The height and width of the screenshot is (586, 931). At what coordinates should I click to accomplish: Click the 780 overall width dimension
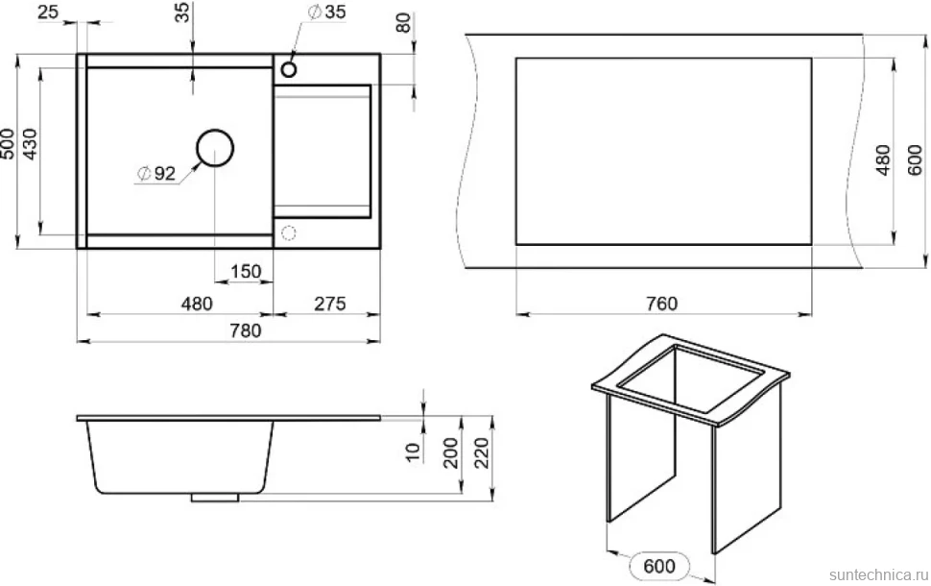click(245, 330)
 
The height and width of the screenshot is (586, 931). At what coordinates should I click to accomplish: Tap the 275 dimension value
click(329, 304)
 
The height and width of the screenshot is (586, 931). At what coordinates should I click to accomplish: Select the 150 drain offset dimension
click(245, 271)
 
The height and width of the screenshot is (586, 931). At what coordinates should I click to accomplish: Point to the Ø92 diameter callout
click(156, 173)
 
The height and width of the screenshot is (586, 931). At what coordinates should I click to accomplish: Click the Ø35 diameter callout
click(326, 12)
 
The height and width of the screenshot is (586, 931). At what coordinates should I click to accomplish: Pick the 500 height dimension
click(8, 144)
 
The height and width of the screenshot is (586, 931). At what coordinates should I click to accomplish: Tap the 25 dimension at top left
click(48, 12)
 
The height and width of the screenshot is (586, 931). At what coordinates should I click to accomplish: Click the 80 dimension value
click(403, 23)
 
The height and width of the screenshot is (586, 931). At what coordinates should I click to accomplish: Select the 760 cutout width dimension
click(661, 304)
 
